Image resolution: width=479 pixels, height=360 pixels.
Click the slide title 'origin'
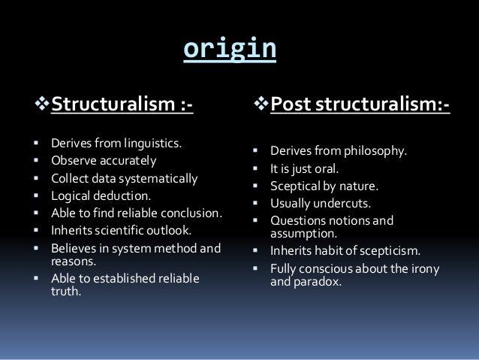point(230,49)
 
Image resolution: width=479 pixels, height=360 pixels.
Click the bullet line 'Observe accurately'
point(93,160)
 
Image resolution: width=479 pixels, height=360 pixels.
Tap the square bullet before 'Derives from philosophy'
point(255,151)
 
